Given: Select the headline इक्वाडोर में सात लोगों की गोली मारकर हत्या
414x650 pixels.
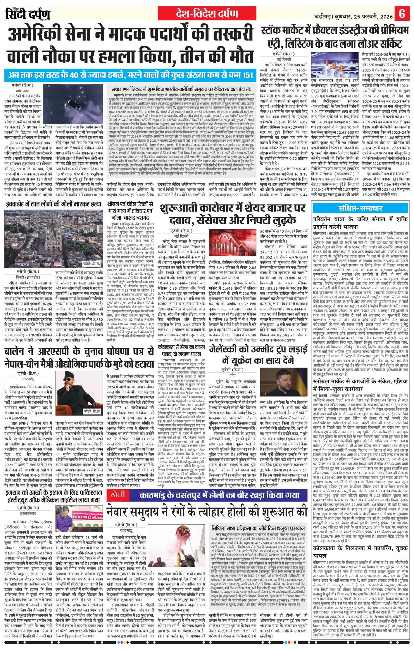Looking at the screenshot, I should coord(53,204).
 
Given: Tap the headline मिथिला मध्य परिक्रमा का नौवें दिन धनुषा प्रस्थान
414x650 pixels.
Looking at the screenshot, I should coord(258,528).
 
